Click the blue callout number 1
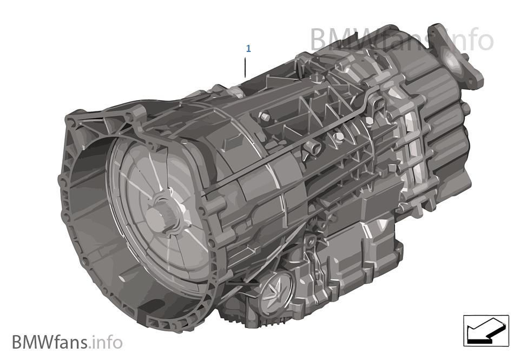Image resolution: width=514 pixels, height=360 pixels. pyautogui.click(x=248, y=49)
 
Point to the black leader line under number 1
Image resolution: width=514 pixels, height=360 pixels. pyautogui.click(x=245, y=67)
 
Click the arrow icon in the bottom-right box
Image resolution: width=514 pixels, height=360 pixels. pyautogui.click(x=485, y=330)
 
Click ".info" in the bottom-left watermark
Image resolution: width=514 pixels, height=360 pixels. pyautogui.click(x=107, y=342)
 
